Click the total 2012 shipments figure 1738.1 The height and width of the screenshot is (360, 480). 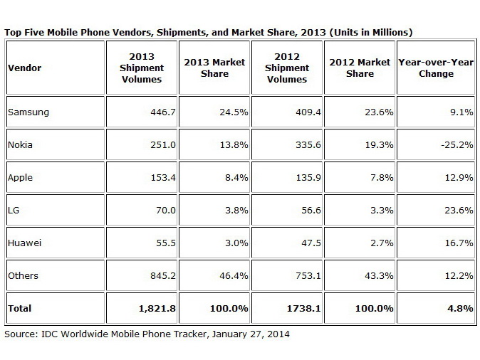pyautogui.click(x=291, y=308)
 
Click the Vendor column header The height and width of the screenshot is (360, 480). pyautogui.click(x=24, y=68)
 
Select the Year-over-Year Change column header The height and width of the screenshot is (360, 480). pyautogui.click(x=436, y=68)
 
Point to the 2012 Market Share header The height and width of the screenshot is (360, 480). pyautogui.click(x=360, y=68)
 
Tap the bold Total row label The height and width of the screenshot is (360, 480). pyautogui.click(x=20, y=308)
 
